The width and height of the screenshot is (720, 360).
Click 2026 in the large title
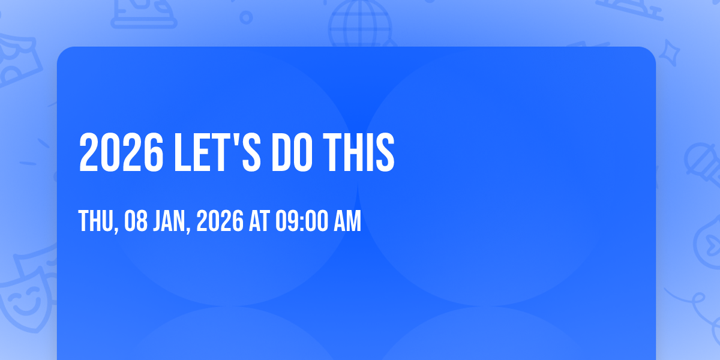coord(121,152)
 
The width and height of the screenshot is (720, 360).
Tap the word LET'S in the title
coord(217,152)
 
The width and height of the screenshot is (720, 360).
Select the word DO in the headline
coord(292,152)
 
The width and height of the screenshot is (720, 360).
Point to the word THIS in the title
coord(358,152)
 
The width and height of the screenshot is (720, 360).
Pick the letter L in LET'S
coord(182,152)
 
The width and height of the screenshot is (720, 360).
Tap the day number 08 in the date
coord(136,221)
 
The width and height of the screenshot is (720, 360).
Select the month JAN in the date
coord(170,221)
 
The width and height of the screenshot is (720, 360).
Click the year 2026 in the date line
coord(220,221)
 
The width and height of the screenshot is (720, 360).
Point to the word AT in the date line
coord(259,221)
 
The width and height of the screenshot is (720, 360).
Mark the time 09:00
coord(302,221)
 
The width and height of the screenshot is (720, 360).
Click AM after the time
coord(347,221)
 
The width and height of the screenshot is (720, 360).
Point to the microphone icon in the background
coord(703,164)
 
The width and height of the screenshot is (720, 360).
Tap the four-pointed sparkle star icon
coord(670,53)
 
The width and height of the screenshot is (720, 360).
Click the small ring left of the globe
coord(246,17)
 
